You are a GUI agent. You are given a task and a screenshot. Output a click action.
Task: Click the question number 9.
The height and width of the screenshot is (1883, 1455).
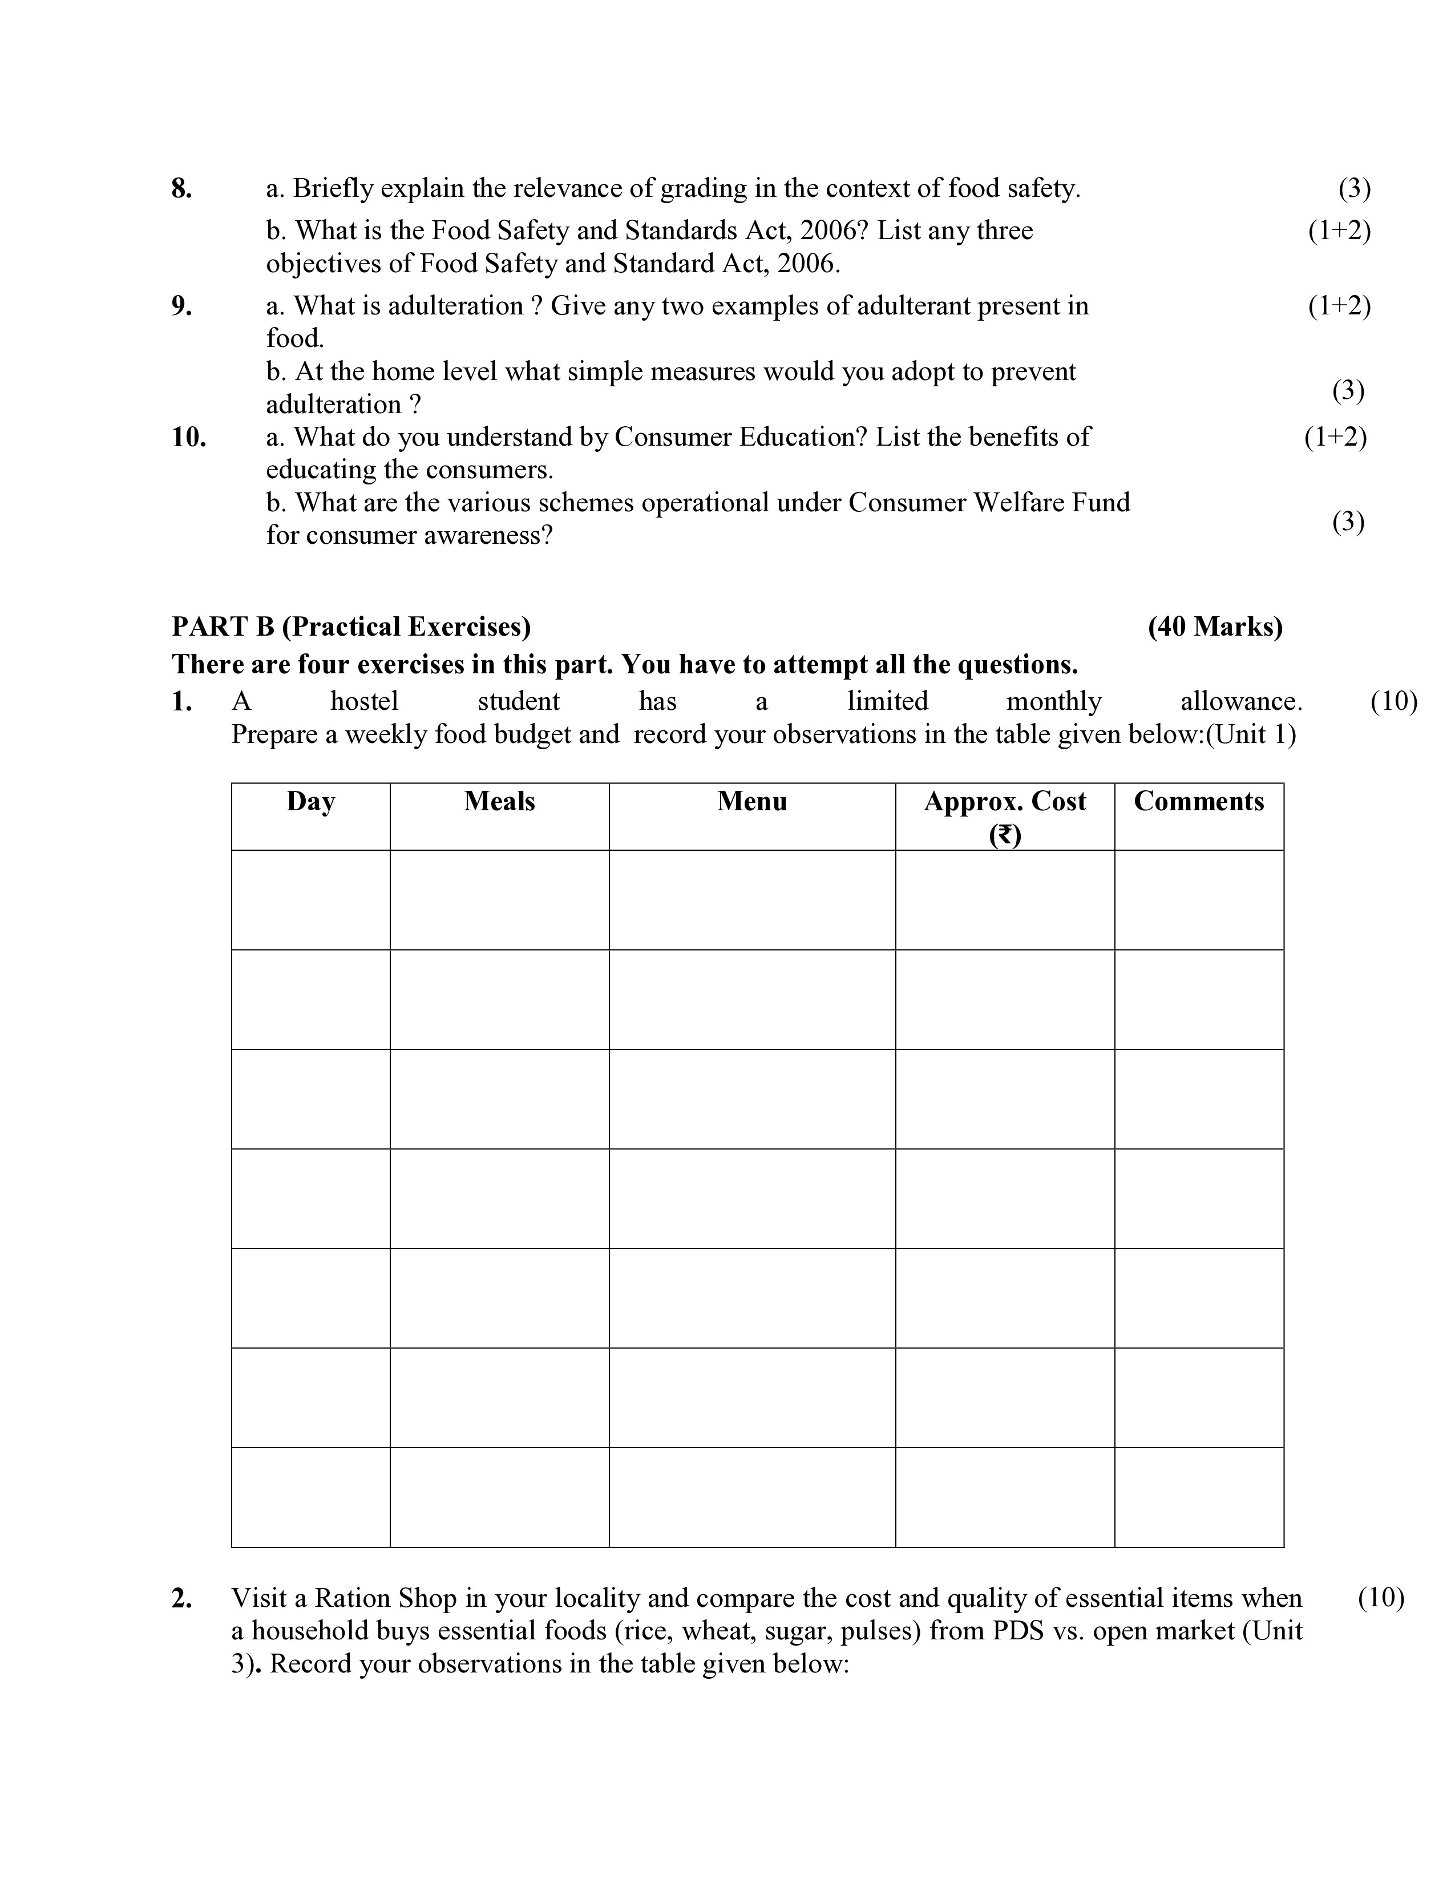click(x=181, y=305)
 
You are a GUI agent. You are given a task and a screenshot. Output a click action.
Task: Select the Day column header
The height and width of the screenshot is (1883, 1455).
click(x=310, y=801)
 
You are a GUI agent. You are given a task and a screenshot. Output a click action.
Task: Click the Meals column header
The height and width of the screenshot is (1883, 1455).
click(x=499, y=801)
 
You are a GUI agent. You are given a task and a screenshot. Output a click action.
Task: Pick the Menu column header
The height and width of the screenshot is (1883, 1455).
click(x=751, y=801)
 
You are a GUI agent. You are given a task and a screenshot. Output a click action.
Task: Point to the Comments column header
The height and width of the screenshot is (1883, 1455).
click(x=1198, y=801)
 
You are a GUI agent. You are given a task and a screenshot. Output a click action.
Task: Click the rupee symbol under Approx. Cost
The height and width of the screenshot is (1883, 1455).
click(x=1005, y=835)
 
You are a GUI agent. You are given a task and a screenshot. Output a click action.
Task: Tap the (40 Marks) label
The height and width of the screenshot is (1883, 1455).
click(x=1215, y=626)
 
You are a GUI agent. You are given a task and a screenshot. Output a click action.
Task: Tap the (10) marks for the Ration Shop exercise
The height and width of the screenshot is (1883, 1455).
click(x=1381, y=1598)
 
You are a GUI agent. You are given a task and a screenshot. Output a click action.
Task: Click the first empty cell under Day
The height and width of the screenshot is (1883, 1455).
click(x=310, y=899)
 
